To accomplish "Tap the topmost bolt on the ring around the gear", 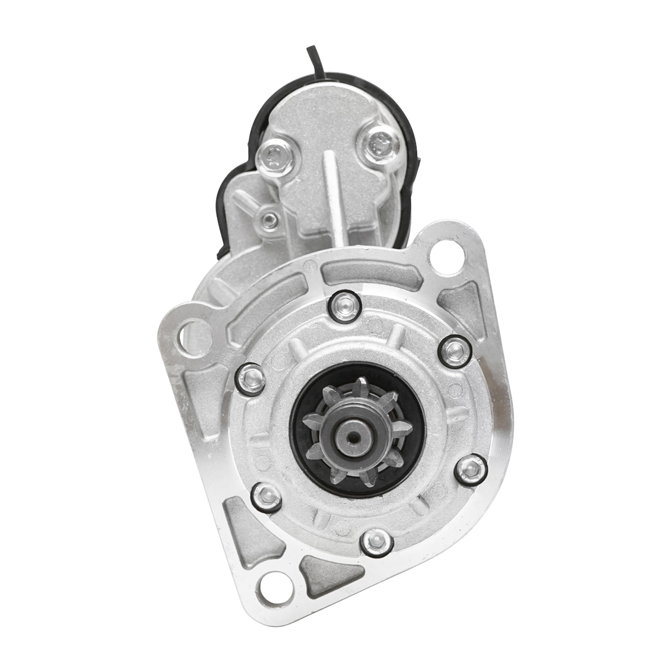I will [x=345, y=306].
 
